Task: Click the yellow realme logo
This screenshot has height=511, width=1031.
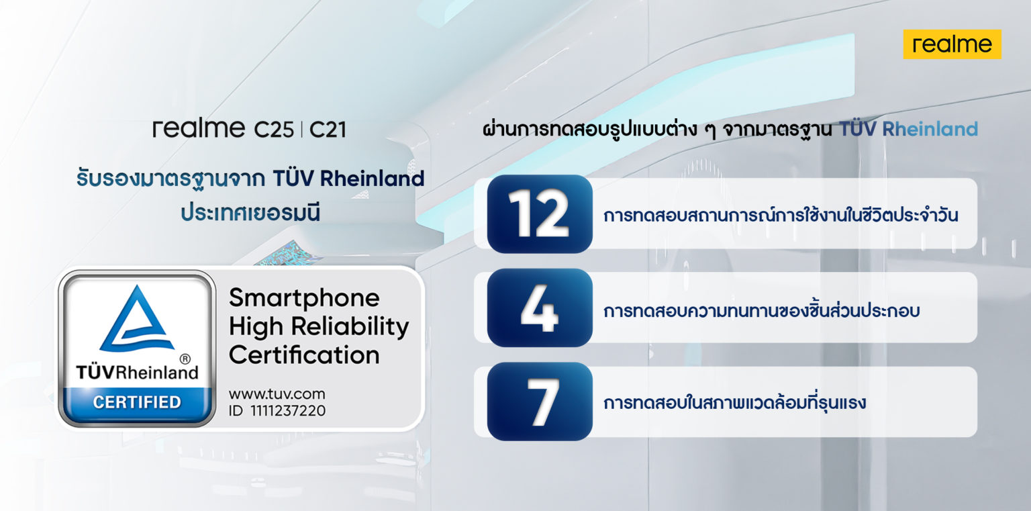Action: point(952,44)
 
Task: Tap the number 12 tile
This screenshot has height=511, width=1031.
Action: point(540,214)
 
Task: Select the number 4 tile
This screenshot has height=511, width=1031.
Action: point(540,308)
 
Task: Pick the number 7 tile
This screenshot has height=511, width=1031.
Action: point(540,402)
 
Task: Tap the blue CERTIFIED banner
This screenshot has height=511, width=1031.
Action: point(137,402)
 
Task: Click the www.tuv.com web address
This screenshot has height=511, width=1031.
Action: point(277,394)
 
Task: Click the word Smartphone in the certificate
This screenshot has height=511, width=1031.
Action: point(304,298)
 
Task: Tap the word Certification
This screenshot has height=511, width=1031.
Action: point(304,355)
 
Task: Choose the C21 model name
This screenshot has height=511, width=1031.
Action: point(328,129)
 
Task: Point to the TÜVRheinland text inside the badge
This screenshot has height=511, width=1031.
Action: point(137,372)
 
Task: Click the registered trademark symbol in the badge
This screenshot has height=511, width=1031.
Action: point(186,359)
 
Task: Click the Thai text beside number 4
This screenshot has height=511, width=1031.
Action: point(761,310)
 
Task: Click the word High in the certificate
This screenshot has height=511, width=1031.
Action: point(253,327)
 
